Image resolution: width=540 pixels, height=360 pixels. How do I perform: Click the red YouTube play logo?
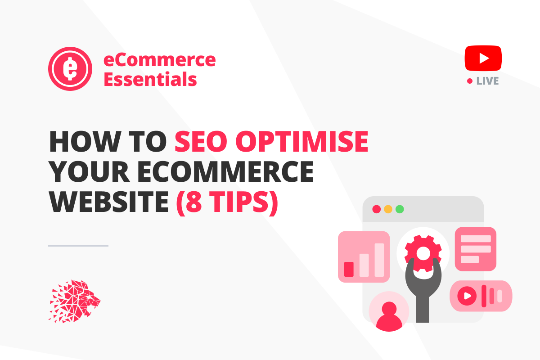pyautogui.click(x=483, y=58)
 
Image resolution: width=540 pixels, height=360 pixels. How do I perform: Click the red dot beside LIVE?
pyautogui.click(x=470, y=81)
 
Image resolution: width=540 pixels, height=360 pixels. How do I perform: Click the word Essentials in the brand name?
pyautogui.click(x=150, y=80)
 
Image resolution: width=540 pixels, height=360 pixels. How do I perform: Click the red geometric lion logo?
pyautogui.click(x=74, y=301)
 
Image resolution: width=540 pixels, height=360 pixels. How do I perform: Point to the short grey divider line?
pyautogui.click(x=78, y=245)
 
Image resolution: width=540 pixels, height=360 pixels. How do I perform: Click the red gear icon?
pyautogui.click(x=423, y=252)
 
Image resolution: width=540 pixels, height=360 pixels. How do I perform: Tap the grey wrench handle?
pyautogui.click(x=422, y=306)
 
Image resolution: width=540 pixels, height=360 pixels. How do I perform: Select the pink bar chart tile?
pyautogui.click(x=364, y=256)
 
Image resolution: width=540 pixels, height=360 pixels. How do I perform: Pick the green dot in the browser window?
pyautogui.click(x=399, y=209)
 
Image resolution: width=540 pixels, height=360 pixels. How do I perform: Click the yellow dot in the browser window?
pyautogui.click(x=388, y=209)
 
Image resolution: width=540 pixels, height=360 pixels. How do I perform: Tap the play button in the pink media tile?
pyautogui.click(x=467, y=296)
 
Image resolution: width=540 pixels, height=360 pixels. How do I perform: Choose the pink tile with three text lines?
pyautogui.click(x=476, y=249)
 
